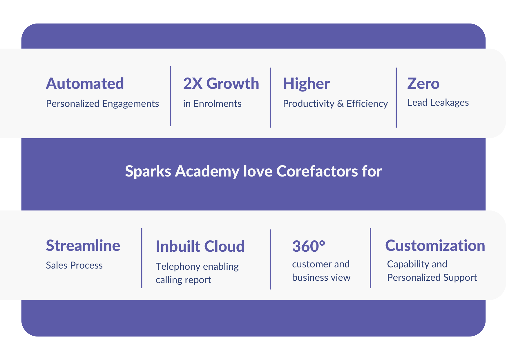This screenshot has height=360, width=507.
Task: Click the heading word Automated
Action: click(x=85, y=84)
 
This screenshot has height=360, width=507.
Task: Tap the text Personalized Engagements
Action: click(x=102, y=104)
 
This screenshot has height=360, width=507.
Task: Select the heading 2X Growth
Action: click(x=221, y=84)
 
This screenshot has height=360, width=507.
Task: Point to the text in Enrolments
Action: click(x=212, y=104)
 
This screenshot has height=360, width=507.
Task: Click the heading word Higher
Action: click(x=306, y=84)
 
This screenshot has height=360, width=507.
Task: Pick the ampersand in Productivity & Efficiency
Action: click(x=341, y=104)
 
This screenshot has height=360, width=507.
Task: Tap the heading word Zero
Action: click(x=423, y=84)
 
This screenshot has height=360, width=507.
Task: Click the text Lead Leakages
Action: click(x=438, y=102)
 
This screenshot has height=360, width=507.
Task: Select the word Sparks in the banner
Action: click(x=148, y=171)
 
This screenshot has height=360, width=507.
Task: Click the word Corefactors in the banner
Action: click(x=317, y=171)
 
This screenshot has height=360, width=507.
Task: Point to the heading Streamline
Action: click(x=83, y=245)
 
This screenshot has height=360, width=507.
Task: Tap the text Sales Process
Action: click(x=74, y=265)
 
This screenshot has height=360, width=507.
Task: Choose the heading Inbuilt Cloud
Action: click(x=200, y=246)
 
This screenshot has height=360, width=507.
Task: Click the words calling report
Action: click(x=183, y=280)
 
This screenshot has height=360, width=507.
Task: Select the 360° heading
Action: click(x=309, y=246)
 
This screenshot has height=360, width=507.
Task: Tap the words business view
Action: click(x=321, y=278)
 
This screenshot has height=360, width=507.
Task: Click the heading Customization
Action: click(x=435, y=245)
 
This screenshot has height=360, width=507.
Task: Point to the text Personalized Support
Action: click(x=432, y=278)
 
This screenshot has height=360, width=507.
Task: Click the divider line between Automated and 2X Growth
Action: click(x=171, y=96)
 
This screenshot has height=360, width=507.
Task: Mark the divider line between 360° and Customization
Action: click(x=370, y=258)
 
